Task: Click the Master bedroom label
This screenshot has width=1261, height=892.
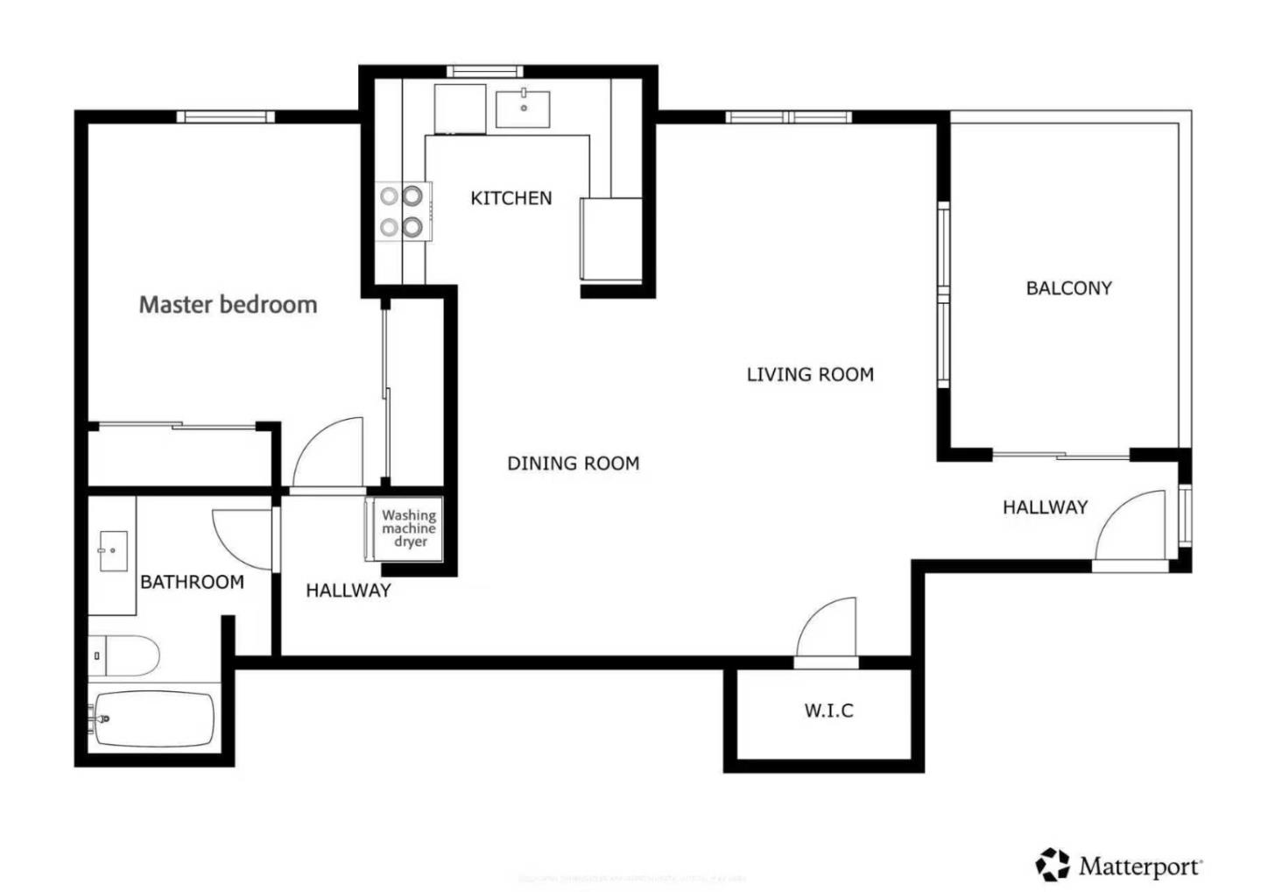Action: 228,305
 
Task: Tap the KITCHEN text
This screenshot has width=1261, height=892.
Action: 511,198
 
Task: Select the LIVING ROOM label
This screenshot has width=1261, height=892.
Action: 810,375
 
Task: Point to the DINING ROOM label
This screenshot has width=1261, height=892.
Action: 574,464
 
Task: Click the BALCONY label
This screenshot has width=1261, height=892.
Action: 1068,288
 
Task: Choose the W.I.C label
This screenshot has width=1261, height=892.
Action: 828,711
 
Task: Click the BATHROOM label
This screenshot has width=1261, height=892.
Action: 192,582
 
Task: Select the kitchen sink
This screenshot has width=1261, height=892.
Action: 523,109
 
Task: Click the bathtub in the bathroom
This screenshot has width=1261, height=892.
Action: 153,720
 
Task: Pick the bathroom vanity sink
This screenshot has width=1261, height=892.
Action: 113,551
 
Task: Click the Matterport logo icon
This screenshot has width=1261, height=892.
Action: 1053,865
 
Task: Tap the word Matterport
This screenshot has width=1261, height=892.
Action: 1140,867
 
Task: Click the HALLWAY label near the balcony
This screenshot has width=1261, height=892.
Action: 1045,507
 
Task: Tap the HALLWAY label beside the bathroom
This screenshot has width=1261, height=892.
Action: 348,591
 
